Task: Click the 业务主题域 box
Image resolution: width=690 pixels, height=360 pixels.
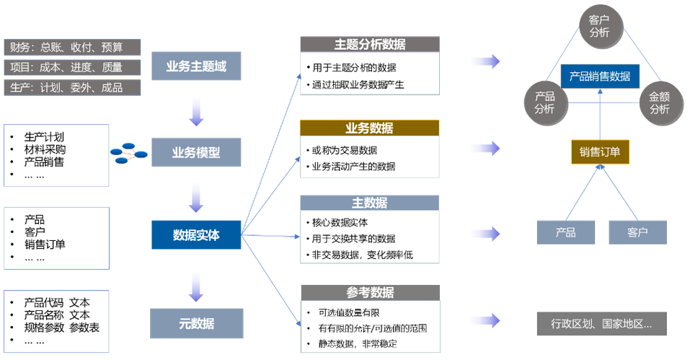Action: (x=195, y=67)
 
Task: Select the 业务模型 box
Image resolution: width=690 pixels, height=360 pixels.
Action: (x=195, y=152)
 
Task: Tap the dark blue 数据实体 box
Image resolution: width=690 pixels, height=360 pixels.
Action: (x=195, y=234)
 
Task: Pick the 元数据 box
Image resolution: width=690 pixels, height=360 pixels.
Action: (x=195, y=323)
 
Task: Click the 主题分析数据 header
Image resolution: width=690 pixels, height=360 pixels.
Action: (x=370, y=44)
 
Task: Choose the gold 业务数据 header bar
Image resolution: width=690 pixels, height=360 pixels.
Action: (x=370, y=128)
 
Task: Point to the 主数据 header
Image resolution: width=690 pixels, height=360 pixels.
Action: (x=370, y=203)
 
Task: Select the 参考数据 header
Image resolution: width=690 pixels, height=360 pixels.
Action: (x=370, y=292)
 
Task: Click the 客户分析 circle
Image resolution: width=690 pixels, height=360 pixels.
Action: (x=599, y=26)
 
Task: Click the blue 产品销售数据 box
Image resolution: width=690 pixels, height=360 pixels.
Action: (x=600, y=76)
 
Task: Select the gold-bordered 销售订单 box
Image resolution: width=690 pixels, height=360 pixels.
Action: (x=600, y=152)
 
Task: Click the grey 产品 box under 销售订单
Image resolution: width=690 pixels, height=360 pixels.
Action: (x=566, y=232)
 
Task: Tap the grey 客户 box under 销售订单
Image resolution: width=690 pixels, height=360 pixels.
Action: (x=637, y=232)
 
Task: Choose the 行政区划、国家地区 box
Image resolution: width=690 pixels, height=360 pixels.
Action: (x=601, y=323)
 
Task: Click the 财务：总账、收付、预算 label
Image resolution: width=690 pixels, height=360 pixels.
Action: (x=72, y=48)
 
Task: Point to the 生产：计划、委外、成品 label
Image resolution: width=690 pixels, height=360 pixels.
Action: (x=72, y=87)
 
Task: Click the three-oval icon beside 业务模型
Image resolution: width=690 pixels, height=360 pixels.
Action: (x=129, y=152)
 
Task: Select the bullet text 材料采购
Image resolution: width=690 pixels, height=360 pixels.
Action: (x=45, y=149)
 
